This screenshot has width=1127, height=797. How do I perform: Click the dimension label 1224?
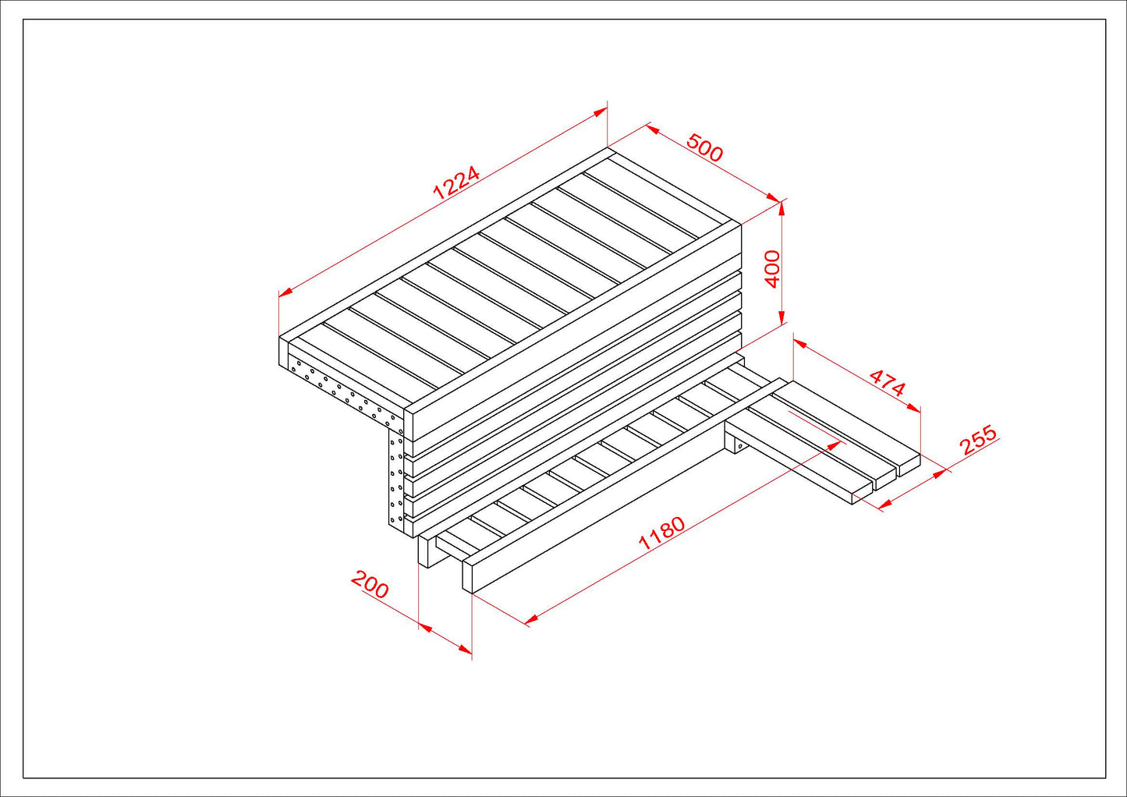click(455, 182)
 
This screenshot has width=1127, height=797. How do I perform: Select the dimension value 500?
click(704, 147)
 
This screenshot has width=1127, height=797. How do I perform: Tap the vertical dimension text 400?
click(772, 269)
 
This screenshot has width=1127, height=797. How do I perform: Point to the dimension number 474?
click(887, 383)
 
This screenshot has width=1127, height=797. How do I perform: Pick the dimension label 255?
click(977, 440)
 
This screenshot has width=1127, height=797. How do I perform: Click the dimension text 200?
click(370, 585)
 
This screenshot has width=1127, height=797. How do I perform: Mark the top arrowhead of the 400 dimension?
click(781, 208)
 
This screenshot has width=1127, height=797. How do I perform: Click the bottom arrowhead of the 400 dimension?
click(781, 317)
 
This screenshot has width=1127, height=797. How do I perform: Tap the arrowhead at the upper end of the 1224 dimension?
click(601, 112)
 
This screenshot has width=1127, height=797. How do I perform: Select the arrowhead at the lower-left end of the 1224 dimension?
click(285, 292)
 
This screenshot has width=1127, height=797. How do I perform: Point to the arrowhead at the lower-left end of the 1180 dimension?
click(531, 621)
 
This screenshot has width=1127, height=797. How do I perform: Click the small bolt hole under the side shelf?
click(740, 446)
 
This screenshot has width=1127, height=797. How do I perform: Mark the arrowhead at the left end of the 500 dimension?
click(653, 129)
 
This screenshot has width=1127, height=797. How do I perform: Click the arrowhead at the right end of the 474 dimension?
click(913, 408)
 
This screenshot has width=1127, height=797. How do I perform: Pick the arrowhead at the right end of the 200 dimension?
click(466, 650)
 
